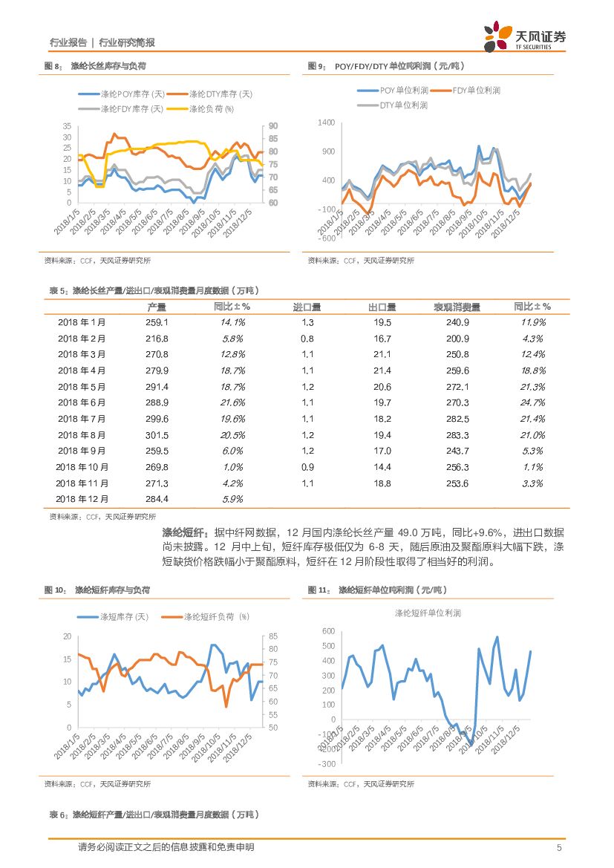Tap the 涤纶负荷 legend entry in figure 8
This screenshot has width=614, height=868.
click(x=210, y=108)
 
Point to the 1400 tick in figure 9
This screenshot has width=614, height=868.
click(x=326, y=122)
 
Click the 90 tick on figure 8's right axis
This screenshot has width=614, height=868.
click(x=272, y=125)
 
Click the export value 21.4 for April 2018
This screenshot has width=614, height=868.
click(x=382, y=371)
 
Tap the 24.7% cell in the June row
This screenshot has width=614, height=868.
click(x=532, y=402)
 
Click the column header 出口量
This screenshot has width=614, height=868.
click(x=382, y=307)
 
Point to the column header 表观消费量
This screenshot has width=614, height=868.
click(x=457, y=307)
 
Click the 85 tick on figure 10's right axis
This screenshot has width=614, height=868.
click(x=272, y=636)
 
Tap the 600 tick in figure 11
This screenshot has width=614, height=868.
click(x=328, y=630)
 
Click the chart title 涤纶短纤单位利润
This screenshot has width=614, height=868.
click(x=428, y=613)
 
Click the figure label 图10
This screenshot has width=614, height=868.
click(x=56, y=590)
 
